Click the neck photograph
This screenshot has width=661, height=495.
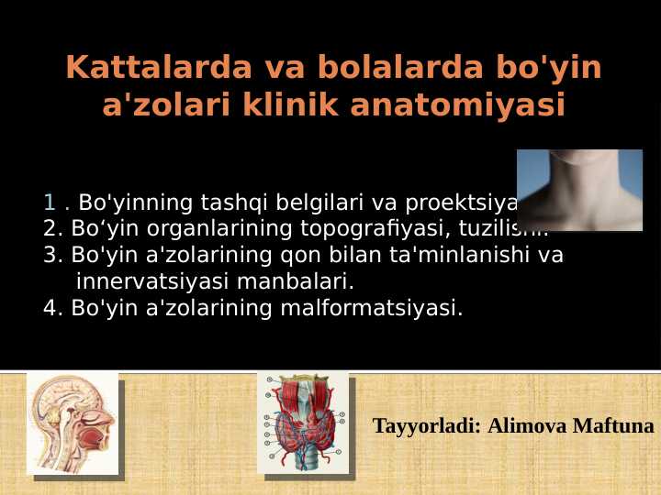pyautogui.click(x=579, y=190)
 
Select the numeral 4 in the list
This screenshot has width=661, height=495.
pyautogui.click(x=50, y=307)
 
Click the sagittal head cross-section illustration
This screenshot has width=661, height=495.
pyautogui.click(x=73, y=423)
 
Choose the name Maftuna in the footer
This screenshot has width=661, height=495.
pyautogui.click(x=613, y=426)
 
